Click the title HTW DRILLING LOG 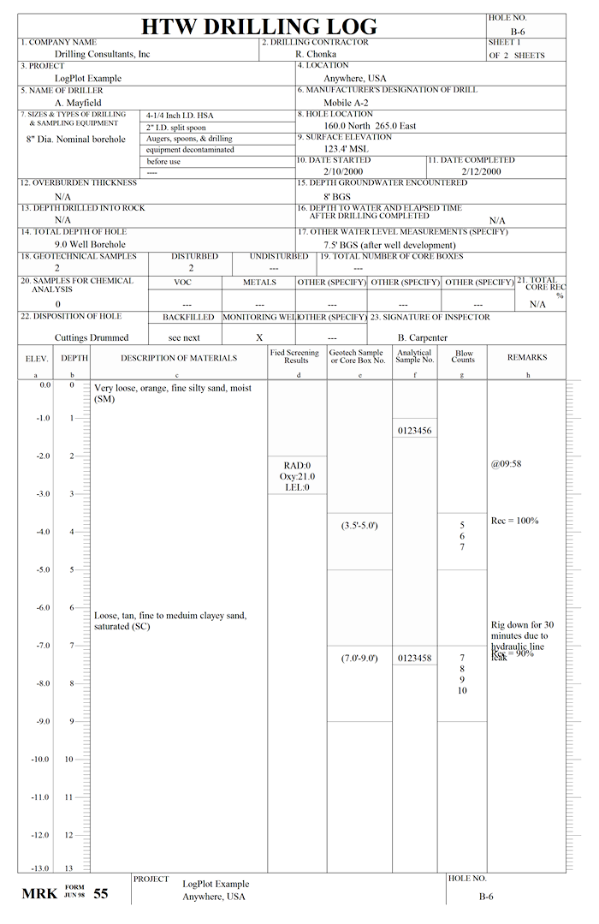tap(258, 26)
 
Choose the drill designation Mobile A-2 tap(347, 103)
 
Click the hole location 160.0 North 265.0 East tap(369, 126)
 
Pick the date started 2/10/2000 tap(342, 171)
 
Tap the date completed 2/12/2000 tap(481, 171)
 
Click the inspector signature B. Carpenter tap(422, 337)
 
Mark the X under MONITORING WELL tap(259, 337)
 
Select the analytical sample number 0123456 tap(415, 431)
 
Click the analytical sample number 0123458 tap(415, 659)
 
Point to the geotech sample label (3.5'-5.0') tap(359, 525)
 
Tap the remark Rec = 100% tap(514, 521)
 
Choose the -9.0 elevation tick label tap(40, 722)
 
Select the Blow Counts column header tap(463, 356)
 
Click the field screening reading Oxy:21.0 tap(296, 477)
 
